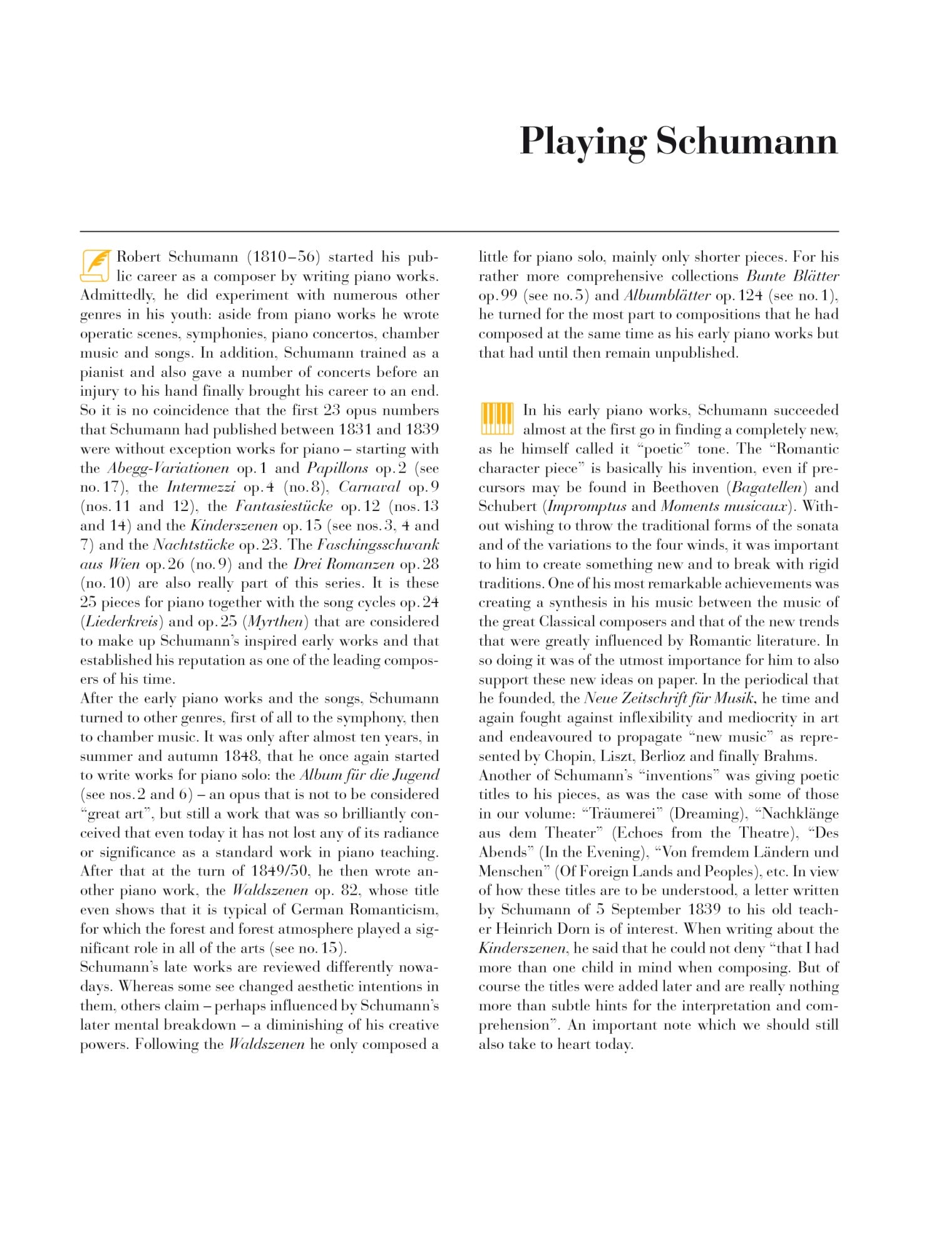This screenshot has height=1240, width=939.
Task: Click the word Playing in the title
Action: click(583, 142)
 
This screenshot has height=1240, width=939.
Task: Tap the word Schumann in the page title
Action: click(746, 142)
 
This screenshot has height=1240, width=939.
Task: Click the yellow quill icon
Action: click(95, 266)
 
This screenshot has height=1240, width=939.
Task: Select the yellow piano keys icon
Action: click(497, 419)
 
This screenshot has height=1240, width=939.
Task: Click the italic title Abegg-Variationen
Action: click(168, 468)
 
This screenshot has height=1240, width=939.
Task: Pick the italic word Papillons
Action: click(337, 468)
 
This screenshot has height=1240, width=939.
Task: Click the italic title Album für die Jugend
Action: click(369, 775)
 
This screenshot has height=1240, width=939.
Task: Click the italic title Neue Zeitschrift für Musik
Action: click(669, 699)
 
